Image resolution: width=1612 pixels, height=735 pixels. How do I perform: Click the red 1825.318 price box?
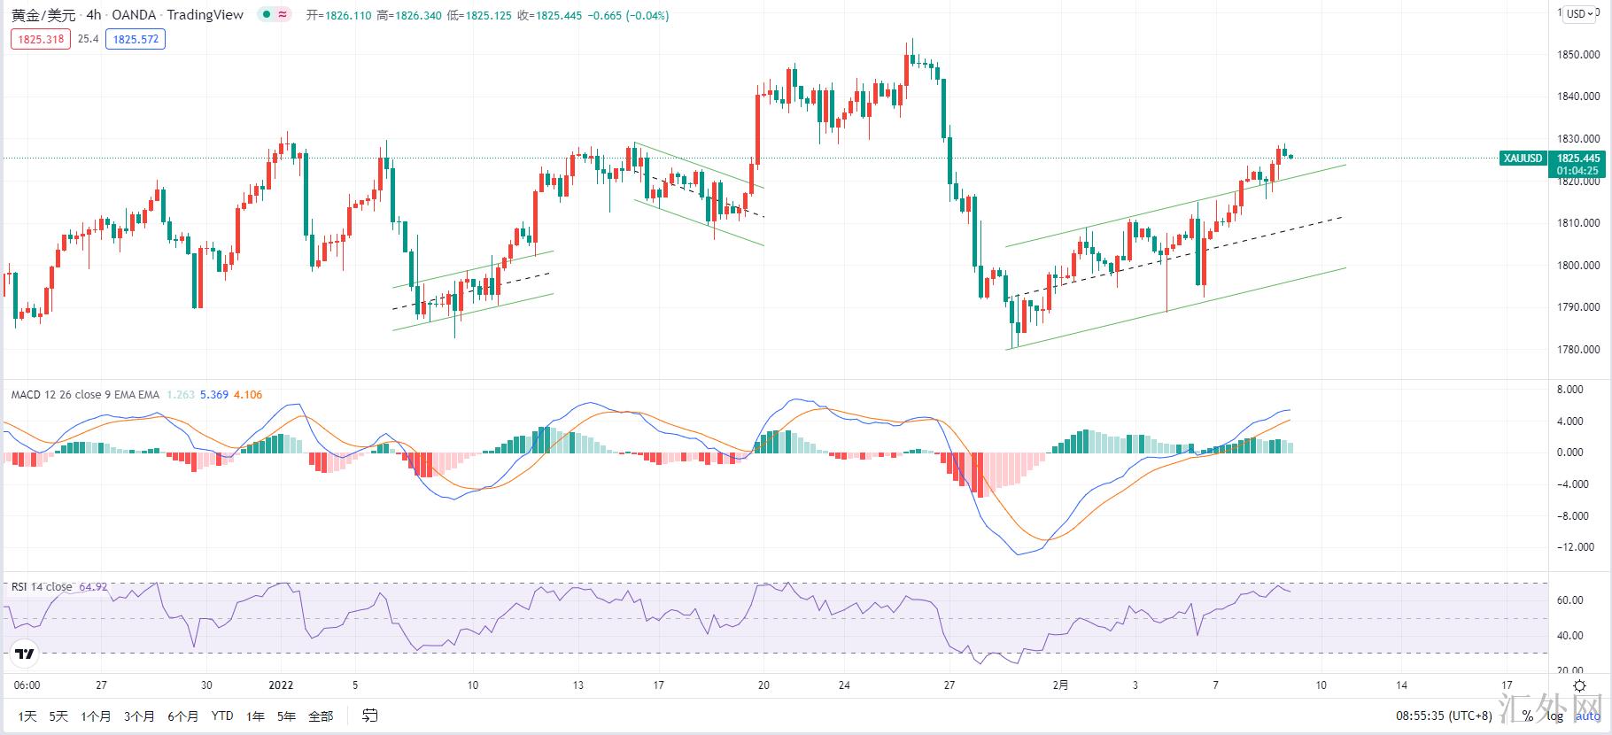tap(42, 39)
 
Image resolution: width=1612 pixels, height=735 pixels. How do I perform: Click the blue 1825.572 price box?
tap(136, 39)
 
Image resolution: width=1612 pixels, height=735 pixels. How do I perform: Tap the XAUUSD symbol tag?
tap(1523, 159)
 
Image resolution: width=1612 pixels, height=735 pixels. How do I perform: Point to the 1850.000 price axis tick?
tap(1577, 55)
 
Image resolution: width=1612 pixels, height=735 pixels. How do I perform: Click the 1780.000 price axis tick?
tap(1577, 350)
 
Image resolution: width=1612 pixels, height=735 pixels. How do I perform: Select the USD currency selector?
tap(1580, 13)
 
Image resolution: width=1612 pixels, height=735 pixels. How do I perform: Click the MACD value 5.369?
tap(214, 395)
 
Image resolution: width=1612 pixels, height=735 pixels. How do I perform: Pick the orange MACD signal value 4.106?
tap(248, 395)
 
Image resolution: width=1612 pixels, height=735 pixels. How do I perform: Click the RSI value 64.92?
tap(93, 587)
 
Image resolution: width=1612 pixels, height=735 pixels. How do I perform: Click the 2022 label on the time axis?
tap(281, 685)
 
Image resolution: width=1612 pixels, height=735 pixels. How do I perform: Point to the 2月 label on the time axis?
tap(1060, 685)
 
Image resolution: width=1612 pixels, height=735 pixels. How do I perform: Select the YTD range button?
tap(222, 716)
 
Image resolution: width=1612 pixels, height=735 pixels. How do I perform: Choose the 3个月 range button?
tap(139, 716)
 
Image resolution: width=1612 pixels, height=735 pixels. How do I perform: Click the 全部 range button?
tap(321, 716)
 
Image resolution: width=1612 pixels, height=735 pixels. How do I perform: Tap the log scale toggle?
tap(1555, 716)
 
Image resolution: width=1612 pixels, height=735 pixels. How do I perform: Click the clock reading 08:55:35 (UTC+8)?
tap(1444, 716)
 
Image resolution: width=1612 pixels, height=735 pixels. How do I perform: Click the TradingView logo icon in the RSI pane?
tap(25, 654)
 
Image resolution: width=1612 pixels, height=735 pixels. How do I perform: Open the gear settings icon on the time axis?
tap(1579, 685)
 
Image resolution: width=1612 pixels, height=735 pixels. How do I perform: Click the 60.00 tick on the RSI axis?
tap(1570, 600)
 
